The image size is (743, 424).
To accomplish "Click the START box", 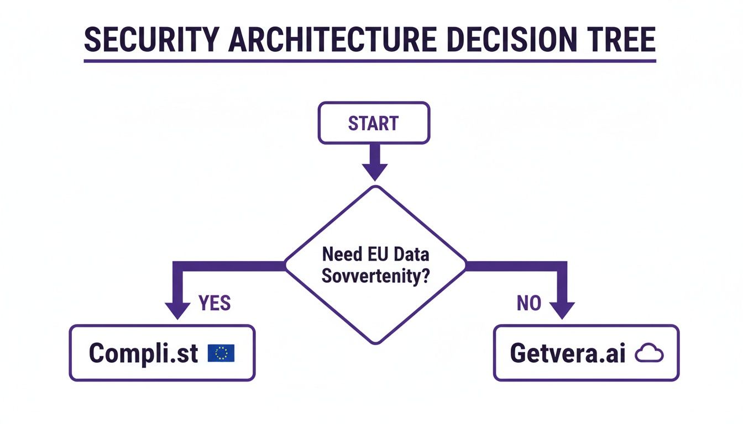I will point(374,123).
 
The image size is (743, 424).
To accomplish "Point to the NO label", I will point(529,303).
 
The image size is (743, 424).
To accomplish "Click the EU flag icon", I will point(221,353).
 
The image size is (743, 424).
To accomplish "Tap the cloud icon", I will point(649,354).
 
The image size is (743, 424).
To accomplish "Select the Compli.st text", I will point(144,353).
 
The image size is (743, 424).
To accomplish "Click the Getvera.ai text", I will point(568,353).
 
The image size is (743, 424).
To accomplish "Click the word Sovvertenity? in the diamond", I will point(375,275).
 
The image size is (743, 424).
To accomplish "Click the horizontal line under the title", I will point(370,60).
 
